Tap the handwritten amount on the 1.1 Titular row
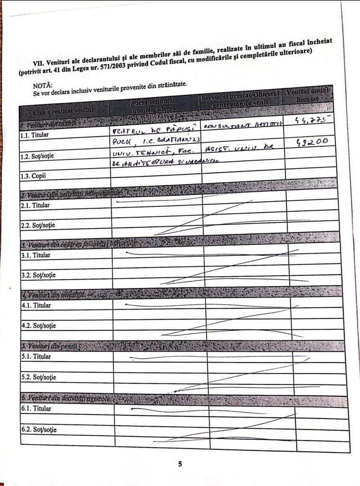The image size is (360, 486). tap(309, 121)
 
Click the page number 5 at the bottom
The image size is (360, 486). tap(180, 464)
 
